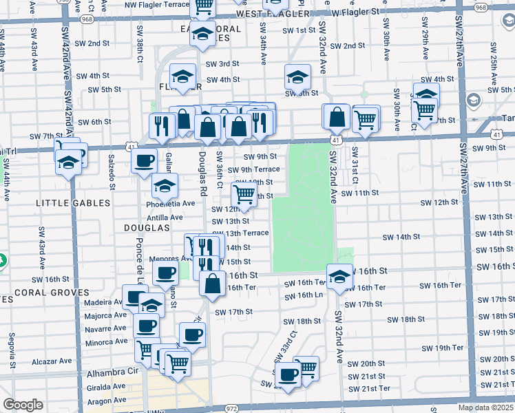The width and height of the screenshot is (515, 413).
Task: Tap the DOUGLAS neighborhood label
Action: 147,227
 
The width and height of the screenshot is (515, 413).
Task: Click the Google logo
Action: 23,405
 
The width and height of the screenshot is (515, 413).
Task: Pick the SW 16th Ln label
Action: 304,295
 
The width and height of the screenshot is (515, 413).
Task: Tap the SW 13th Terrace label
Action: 240,233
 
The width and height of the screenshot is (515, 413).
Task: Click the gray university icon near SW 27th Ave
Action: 474,101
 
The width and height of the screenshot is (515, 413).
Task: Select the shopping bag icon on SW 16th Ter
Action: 212,283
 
